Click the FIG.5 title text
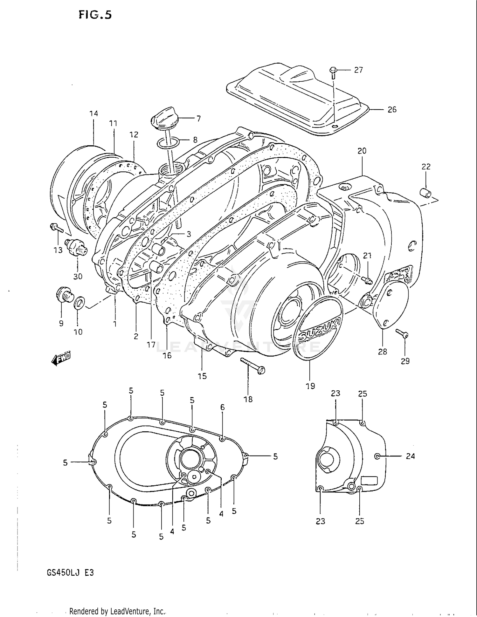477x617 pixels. click(x=95, y=15)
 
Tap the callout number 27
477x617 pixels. click(x=358, y=70)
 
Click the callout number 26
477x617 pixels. click(x=392, y=110)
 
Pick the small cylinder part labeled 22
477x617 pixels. click(x=426, y=192)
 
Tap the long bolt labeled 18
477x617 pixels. click(x=253, y=365)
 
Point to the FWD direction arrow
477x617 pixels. click(x=61, y=359)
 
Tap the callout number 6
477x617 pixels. click(x=222, y=407)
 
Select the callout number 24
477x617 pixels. click(x=410, y=456)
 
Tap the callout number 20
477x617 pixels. click(x=362, y=151)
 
